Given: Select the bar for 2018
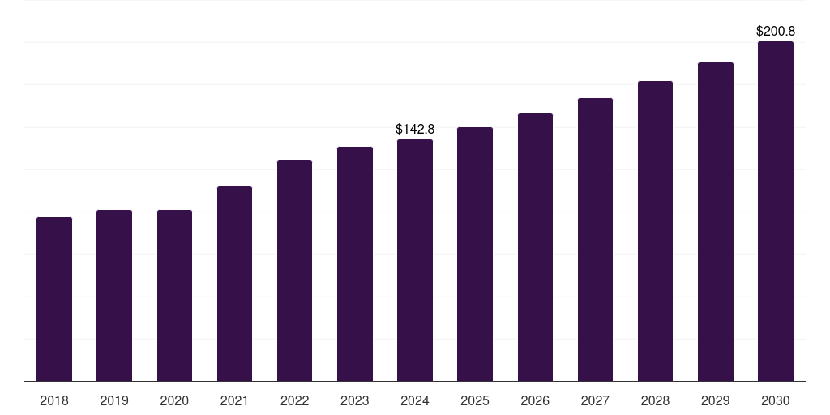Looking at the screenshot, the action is click(x=54, y=299).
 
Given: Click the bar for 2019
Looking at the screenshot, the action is click(x=114, y=295).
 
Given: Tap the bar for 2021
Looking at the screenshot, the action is click(x=234, y=284).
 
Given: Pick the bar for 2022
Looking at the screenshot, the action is click(x=294, y=271).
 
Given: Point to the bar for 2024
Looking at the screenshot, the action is click(x=415, y=260).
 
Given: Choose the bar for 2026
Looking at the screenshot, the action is click(x=535, y=247).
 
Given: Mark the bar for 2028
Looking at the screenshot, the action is click(x=655, y=231).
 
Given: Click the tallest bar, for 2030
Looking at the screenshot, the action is click(x=776, y=212).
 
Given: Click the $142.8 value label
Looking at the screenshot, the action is click(x=415, y=129).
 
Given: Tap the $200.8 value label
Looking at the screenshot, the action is click(x=776, y=32).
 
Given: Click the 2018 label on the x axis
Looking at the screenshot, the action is click(x=54, y=400).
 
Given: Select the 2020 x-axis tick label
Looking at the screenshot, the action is click(x=174, y=400).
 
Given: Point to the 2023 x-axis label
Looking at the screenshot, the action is click(x=355, y=400).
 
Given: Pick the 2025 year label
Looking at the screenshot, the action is click(x=475, y=400).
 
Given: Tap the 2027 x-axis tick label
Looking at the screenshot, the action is click(x=595, y=400).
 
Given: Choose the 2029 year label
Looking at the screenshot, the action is click(x=715, y=400).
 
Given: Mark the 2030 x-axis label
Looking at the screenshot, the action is click(x=776, y=400).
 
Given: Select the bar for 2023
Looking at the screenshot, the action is click(x=355, y=263).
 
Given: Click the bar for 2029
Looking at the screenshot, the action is click(x=716, y=222).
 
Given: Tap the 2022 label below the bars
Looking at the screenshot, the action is click(x=294, y=400).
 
